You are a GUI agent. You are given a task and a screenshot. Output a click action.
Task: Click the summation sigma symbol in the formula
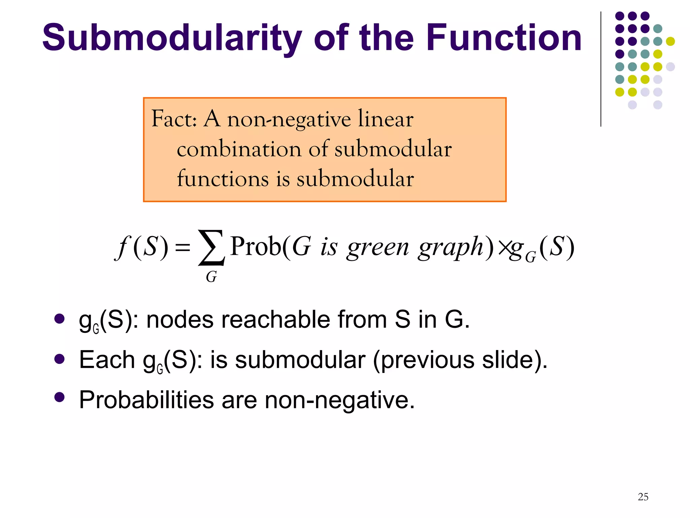[x=211, y=247]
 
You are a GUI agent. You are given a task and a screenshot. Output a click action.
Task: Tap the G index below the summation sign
[x=211, y=277]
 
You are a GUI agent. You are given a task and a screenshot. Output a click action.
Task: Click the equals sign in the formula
[x=183, y=248]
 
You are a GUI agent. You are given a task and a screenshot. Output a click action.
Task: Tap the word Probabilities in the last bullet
[x=147, y=400]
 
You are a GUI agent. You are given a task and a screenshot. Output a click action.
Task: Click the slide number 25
[x=643, y=497]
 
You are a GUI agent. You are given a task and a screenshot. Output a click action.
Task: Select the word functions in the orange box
[x=223, y=179]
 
